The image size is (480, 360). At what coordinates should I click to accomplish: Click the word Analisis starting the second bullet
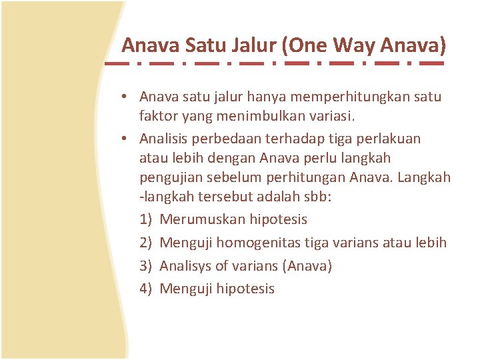click(165, 139)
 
